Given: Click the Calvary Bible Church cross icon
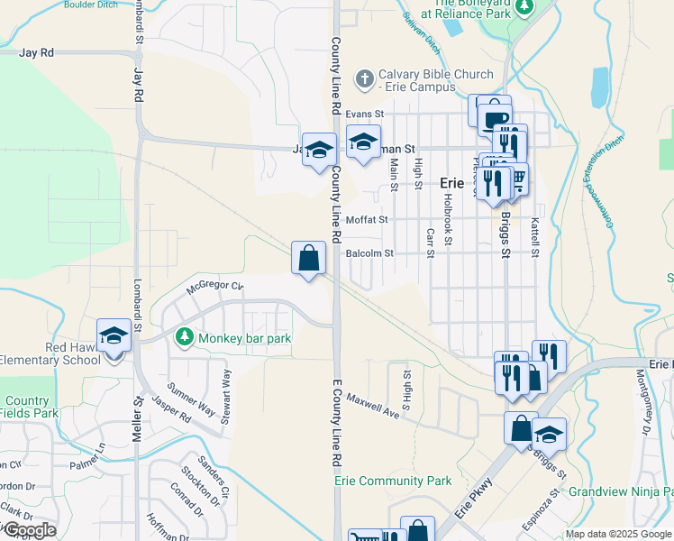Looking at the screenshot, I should click(365, 79).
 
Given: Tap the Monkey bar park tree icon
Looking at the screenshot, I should click(185, 337).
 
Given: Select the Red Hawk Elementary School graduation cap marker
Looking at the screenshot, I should click(114, 335).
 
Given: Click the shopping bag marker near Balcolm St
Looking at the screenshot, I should click(309, 258).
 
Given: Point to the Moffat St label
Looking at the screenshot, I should click(366, 219).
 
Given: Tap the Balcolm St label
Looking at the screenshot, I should click(369, 253).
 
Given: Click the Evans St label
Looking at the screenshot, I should click(364, 115).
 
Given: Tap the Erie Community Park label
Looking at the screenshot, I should click(393, 481).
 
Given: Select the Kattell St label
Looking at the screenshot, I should click(534, 233).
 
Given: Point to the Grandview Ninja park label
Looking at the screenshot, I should click(621, 492).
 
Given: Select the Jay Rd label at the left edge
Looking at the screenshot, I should click(37, 53).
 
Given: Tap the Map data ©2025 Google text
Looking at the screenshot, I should click(617, 534).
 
